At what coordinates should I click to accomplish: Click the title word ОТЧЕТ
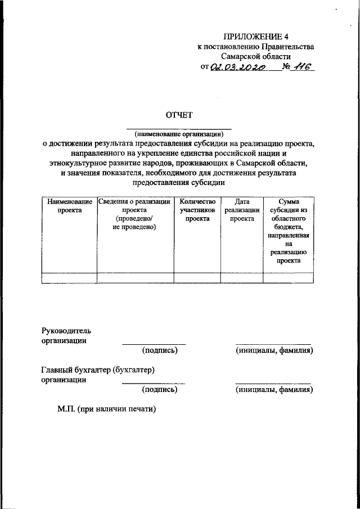click(178, 115)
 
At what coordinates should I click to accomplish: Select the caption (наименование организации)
click(178, 134)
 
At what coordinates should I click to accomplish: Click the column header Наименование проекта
click(69, 205)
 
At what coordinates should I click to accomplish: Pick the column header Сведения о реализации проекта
click(134, 214)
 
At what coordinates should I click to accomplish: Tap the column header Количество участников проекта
click(197, 210)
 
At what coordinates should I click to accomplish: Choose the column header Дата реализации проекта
click(242, 210)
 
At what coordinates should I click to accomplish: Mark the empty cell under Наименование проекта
click(69, 277)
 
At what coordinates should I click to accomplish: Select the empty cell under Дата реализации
click(242, 277)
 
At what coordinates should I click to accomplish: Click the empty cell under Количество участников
click(197, 277)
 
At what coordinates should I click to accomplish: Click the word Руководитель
click(66, 330)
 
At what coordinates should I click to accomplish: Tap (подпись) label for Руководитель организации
click(160, 350)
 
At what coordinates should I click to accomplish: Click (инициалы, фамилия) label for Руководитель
click(274, 350)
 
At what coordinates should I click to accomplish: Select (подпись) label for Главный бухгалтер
click(160, 389)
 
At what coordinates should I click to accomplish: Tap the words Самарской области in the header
click(256, 57)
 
